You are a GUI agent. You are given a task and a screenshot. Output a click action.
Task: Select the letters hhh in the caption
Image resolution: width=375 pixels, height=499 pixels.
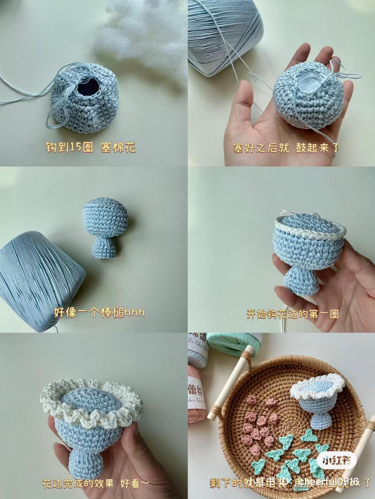134,313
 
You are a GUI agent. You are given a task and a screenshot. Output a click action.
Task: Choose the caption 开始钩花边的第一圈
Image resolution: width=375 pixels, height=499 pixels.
292,314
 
